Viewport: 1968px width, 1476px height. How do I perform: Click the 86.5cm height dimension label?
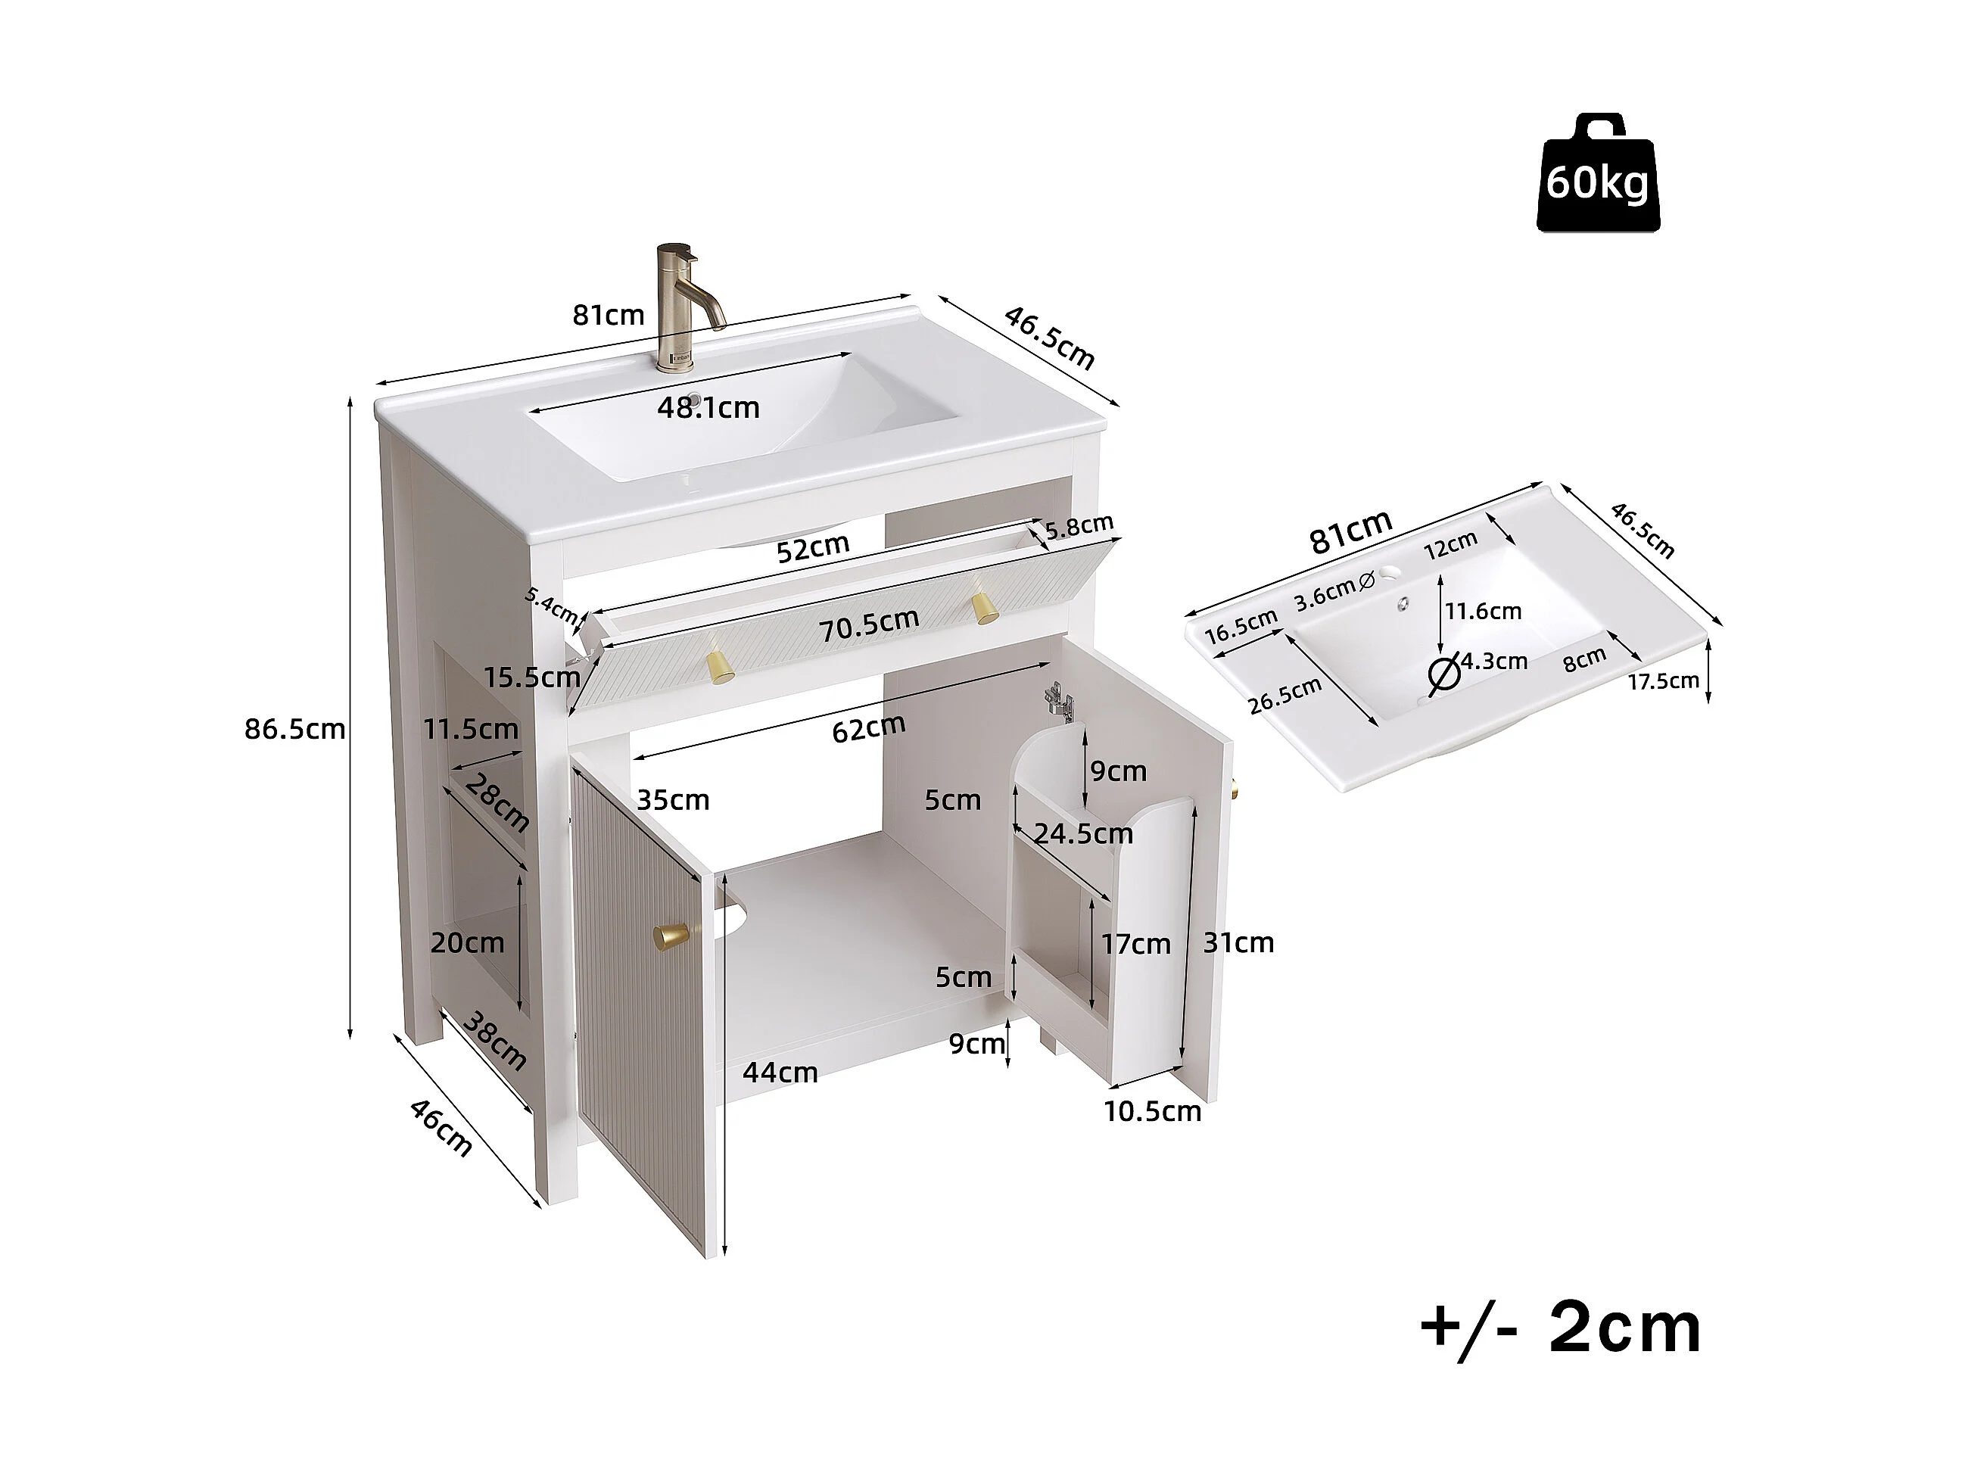(x=294, y=730)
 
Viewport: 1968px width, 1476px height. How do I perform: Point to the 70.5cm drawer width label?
(x=868, y=624)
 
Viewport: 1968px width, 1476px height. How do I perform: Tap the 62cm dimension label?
(x=868, y=727)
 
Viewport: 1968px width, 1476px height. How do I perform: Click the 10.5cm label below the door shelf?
(x=1152, y=1111)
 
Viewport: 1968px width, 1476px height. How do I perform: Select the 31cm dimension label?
(x=1238, y=942)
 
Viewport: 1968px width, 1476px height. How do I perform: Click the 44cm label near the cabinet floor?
(x=780, y=1073)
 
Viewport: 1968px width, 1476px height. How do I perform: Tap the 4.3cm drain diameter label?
(x=1494, y=661)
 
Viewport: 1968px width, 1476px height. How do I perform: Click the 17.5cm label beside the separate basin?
(x=1664, y=681)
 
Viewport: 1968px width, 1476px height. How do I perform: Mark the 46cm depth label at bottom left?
(x=441, y=1128)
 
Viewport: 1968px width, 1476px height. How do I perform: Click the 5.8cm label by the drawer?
(x=1079, y=527)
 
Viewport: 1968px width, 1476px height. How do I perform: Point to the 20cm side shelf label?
(x=467, y=943)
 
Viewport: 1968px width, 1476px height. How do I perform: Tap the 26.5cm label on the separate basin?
(x=1284, y=695)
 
